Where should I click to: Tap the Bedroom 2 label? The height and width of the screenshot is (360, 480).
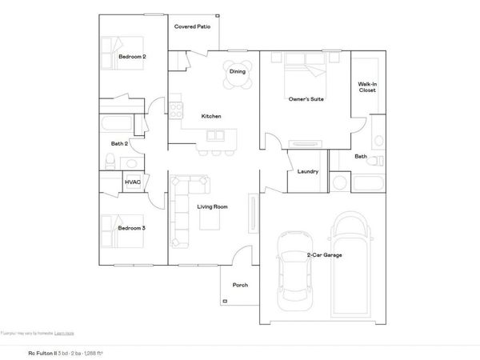point(132,57)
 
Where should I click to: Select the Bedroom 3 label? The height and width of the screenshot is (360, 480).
point(132,228)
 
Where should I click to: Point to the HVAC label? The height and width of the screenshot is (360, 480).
point(133,182)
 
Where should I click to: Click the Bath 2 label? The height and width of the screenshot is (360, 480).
point(121,143)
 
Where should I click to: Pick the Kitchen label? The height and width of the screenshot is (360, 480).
point(210,117)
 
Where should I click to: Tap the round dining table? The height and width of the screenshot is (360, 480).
point(238,71)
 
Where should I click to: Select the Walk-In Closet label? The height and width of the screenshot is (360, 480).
point(367,86)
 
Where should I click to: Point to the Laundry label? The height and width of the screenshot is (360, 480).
point(307,171)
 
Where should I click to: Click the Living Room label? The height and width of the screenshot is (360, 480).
point(213,207)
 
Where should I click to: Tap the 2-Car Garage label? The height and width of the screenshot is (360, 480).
point(325,255)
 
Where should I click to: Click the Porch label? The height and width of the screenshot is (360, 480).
point(239,285)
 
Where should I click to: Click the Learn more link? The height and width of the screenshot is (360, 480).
point(65,332)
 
